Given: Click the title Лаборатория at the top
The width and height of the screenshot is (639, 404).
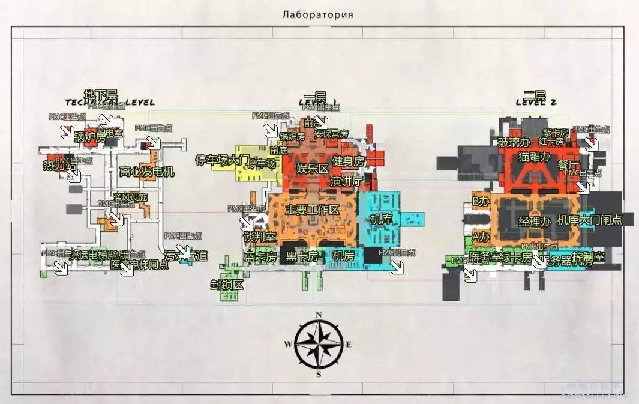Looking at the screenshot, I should pyautogui.click(x=317, y=14).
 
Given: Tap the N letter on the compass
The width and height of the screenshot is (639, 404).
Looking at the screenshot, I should pyautogui.click(x=319, y=315).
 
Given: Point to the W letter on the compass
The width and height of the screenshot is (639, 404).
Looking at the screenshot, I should pyautogui.click(x=288, y=345).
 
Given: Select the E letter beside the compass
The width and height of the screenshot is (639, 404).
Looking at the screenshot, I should pyautogui.click(x=349, y=345).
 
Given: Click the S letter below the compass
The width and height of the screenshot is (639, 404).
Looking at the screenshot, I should pyautogui.click(x=319, y=374).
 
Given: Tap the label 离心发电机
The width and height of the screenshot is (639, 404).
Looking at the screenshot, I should pyautogui.click(x=147, y=172).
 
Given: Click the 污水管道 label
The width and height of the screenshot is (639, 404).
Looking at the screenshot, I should pyautogui.click(x=186, y=256).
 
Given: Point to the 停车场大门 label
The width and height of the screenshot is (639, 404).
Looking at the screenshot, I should pyautogui.click(x=222, y=160).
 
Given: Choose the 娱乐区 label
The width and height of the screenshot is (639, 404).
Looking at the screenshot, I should pyautogui.click(x=313, y=168).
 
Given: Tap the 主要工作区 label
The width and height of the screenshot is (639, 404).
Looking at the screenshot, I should pyautogui.click(x=313, y=210).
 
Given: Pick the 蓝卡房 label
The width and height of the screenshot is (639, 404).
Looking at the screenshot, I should pyautogui.click(x=260, y=256).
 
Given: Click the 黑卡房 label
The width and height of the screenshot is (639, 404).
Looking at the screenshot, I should pyautogui.click(x=302, y=256).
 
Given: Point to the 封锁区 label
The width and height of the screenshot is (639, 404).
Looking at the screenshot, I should pyautogui.click(x=227, y=285).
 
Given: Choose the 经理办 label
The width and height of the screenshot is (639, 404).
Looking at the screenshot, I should pyautogui.click(x=534, y=221).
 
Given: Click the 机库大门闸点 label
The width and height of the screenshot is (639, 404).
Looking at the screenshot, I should pyautogui.click(x=590, y=220).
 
